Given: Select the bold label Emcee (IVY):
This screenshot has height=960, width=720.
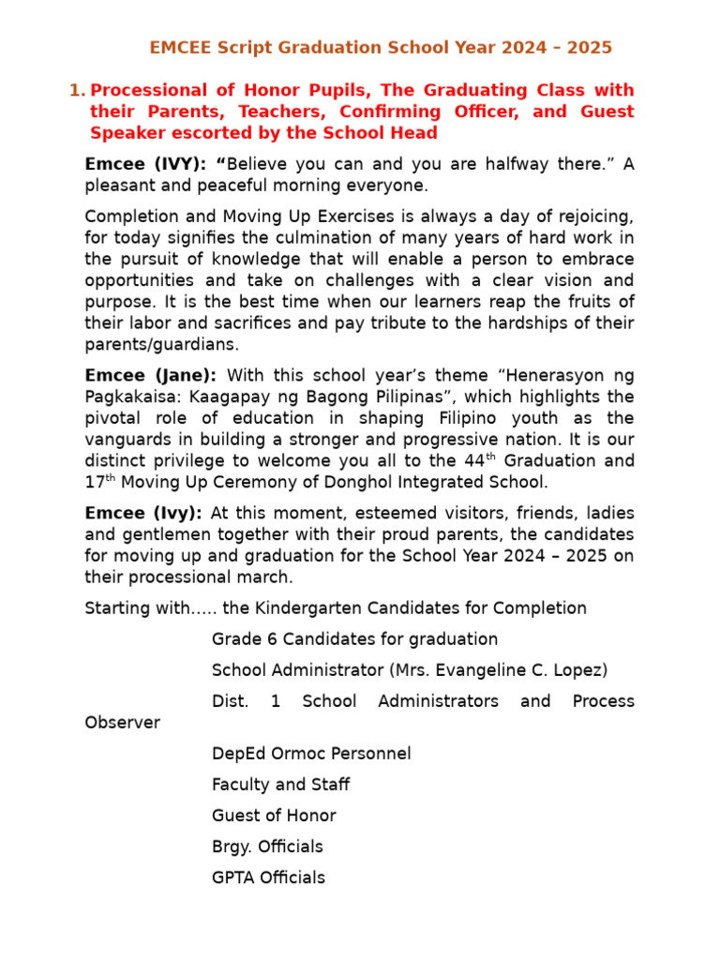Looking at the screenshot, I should [145, 164].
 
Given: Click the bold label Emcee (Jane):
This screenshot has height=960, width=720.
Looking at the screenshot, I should [150, 376].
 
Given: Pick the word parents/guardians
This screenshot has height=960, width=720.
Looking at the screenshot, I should [161, 344].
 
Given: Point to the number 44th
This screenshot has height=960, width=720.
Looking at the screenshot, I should [476, 460].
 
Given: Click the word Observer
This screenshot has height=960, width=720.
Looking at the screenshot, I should [122, 723].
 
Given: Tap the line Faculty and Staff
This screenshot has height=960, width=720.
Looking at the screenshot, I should [280, 785].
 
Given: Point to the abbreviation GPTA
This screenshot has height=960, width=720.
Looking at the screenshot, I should [232, 877].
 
